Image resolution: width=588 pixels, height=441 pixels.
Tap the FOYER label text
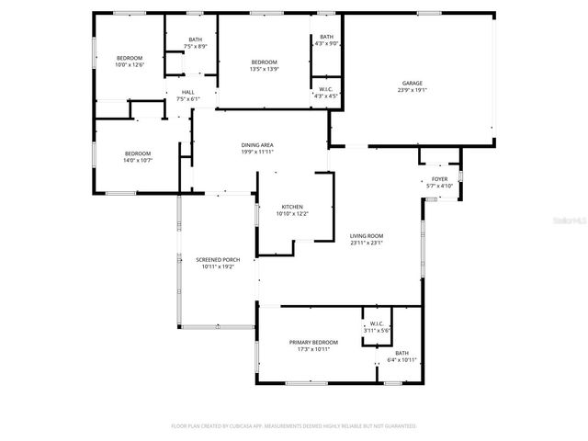439,180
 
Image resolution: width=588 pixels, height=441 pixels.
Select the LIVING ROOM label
367,236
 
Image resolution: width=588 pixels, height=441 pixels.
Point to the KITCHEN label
292,207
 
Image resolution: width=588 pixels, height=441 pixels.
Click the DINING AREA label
257,145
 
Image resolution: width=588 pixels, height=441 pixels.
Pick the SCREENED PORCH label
218,260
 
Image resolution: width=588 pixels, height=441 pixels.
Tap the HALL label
187,92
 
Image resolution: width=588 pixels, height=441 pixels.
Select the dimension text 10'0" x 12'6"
130,65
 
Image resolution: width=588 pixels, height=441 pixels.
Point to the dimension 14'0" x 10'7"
138,160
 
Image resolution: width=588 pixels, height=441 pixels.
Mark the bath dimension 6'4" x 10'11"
402,359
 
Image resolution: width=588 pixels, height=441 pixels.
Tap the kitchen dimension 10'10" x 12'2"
292,214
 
